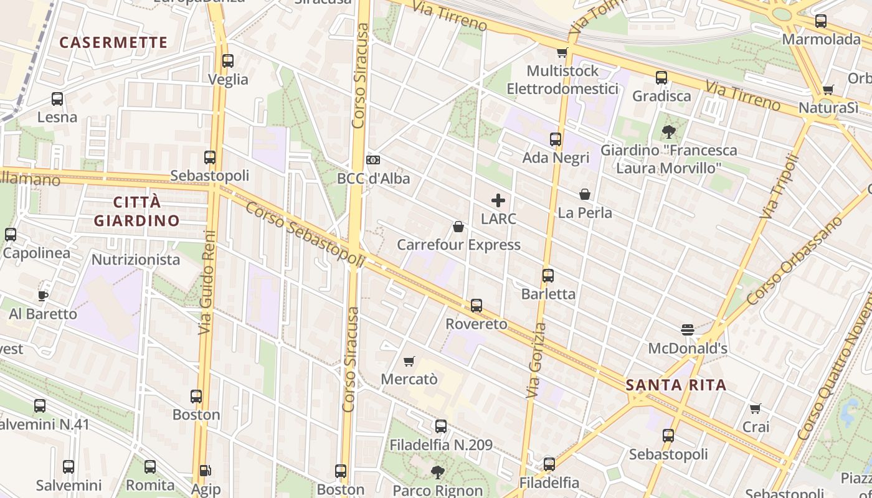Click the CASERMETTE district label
pos(113,42)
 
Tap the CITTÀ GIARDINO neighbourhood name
pos(136,211)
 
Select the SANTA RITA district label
pos(676,385)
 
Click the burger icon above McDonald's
pos(688,329)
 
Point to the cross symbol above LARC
pos(498,200)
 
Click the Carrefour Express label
pos(458,245)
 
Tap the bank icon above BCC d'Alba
pos(373,160)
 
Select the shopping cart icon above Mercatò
pos(409,361)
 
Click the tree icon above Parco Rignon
pos(438,472)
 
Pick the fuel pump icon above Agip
pos(205,471)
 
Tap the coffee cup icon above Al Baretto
pos(43,295)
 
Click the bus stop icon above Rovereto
pos(476,306)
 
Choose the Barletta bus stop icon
pos(548,275)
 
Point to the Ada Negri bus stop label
pos(556,157)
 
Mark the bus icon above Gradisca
pos(661,78)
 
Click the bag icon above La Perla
pos(584,194)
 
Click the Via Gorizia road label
pos(535,361)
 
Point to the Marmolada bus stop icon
pos(821,21)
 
